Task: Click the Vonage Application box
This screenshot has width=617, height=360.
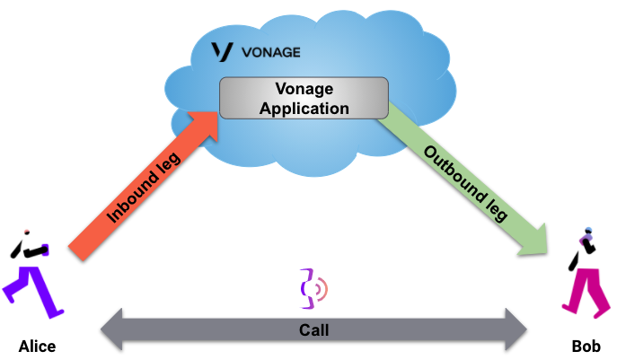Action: [x=304, y=98]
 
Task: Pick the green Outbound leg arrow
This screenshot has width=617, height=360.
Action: [x=467, y=180]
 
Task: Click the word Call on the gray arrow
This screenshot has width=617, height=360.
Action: [x=313, y=329]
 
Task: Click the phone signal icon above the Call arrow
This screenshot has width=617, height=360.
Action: [x=313, y=285]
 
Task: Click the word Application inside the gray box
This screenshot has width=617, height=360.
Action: [x=304, y=109]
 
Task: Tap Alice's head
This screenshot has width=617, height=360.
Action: [x=26, y=231]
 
